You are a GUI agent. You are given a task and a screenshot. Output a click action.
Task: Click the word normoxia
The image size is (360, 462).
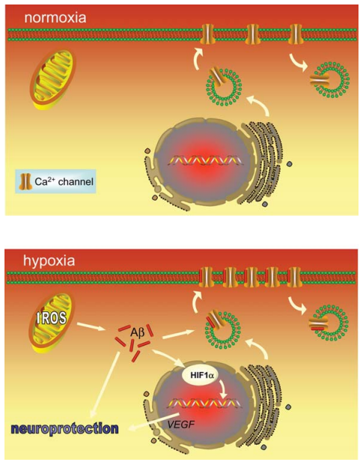click(55, 17)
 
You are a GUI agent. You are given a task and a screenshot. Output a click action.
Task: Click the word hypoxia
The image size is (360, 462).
click(49, 261)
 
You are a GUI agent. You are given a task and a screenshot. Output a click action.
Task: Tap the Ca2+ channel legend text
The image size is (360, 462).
click(64, 181)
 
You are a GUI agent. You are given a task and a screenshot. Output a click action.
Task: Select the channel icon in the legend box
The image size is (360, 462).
click(25, 181)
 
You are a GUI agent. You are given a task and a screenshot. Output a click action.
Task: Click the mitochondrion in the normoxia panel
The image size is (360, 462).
click(53, 79)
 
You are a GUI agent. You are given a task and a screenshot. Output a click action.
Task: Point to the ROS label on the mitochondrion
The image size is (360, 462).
click(52, 318)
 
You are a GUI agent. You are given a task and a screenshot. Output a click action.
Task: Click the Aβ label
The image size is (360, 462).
click(138, 334)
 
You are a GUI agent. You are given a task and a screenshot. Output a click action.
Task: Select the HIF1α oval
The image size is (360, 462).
click(200, 375)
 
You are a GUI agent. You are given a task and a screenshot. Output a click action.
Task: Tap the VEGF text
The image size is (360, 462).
click(181, 425)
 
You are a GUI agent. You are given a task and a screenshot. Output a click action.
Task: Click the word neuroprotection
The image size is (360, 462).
click(65, 428)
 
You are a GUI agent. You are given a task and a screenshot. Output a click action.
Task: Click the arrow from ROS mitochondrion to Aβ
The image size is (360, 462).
click(92, 326)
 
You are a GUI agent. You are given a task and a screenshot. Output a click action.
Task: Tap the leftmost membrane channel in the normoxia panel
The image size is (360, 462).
click(207, 34)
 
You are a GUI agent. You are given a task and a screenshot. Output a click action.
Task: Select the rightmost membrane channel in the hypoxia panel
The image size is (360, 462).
click(293, 277)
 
